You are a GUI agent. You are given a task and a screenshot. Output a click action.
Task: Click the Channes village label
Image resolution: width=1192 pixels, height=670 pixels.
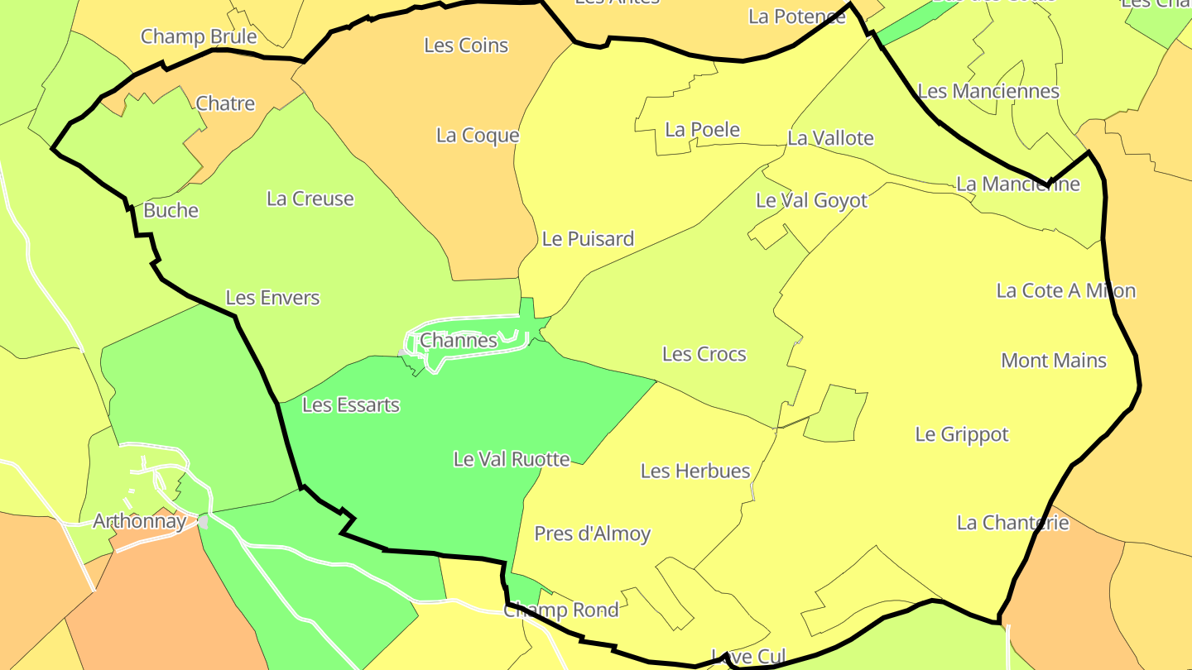[459, 340]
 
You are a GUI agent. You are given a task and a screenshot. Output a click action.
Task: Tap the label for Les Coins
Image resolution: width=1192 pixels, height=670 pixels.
[466, 45]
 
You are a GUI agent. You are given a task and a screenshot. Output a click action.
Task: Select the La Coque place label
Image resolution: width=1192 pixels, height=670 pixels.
[478, 136]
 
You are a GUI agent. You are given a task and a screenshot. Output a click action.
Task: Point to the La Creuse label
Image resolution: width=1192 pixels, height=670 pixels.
[310, 199]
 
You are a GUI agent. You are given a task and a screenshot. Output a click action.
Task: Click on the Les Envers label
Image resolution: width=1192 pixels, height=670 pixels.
[272, 298]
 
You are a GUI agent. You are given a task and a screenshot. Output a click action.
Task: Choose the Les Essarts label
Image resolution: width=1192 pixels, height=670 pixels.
[351, 405]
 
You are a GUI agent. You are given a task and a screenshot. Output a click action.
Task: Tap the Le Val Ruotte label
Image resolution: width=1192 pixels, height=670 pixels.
[512, 459]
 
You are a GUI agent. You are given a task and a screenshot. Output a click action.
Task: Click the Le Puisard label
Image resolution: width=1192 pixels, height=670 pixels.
[588, 239]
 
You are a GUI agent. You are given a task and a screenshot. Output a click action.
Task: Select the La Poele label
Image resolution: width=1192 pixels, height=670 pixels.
[703, 130]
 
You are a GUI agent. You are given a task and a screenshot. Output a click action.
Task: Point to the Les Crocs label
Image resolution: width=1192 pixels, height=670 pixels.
[704, 355]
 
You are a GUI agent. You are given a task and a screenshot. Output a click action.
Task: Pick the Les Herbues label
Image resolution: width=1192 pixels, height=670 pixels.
[695, 471]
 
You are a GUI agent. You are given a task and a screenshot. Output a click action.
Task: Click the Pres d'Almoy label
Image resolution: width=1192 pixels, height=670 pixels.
[593, 534]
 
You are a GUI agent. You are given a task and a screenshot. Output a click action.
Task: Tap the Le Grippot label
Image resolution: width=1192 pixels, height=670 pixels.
[962, 434]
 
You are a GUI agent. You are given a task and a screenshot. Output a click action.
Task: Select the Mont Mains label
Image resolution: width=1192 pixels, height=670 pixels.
[1054, 361]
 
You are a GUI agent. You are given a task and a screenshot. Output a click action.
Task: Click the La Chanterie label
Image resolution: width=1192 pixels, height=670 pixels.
[1013, 523]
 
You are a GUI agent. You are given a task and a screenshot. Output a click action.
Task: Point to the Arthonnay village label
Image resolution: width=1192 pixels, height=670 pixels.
[139, 522]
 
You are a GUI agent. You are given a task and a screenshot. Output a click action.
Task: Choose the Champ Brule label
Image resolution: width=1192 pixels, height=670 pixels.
[199, 36]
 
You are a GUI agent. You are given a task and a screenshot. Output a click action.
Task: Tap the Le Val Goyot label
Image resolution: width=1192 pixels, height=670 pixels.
[812, 201]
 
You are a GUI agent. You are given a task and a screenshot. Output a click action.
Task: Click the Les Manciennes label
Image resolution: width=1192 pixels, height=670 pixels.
[989, 91]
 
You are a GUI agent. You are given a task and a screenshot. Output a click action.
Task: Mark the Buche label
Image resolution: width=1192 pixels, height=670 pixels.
[171, 211]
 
